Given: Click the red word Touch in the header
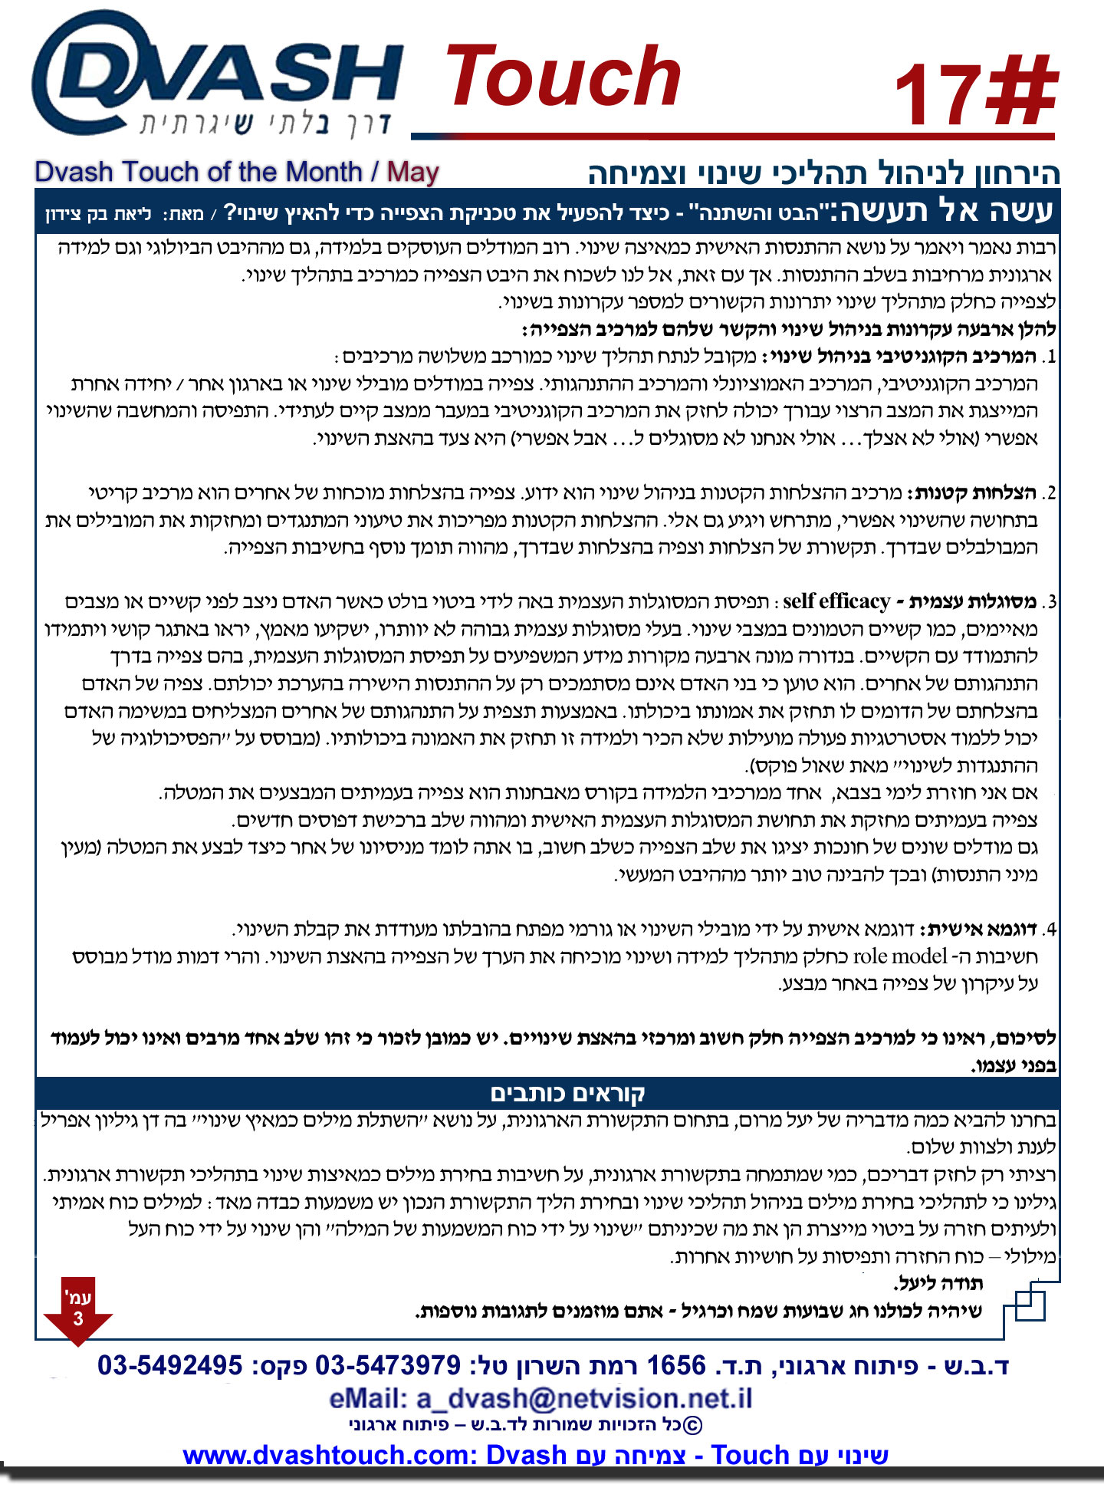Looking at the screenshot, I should tap(563, 77).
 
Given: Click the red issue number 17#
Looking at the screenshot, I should tap(975, 94).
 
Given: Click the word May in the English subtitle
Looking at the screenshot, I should tap(412, 172).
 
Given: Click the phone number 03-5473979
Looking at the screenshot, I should tap(388, 1365).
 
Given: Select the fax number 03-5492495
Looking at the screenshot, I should tap(170, 1365).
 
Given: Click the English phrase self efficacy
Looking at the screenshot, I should tap(836, 601).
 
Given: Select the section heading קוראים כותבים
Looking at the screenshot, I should tap(567, 1093).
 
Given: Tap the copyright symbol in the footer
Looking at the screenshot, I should tap(692, 1425).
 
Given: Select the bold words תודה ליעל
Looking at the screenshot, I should tap(938, 1283).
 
